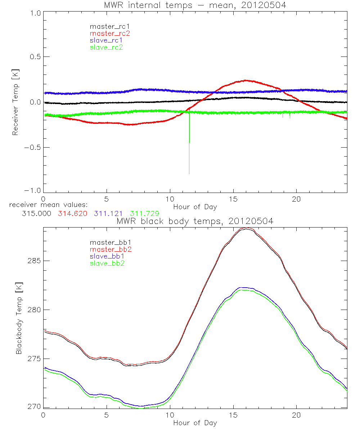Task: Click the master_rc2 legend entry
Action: [109, 33]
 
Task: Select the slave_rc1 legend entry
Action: [107, 40]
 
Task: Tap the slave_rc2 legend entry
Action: [106, 47]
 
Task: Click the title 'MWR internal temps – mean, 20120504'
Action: [195, 5]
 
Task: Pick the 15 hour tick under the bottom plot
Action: [233, 414]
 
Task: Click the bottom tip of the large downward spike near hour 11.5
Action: [189, 174]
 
